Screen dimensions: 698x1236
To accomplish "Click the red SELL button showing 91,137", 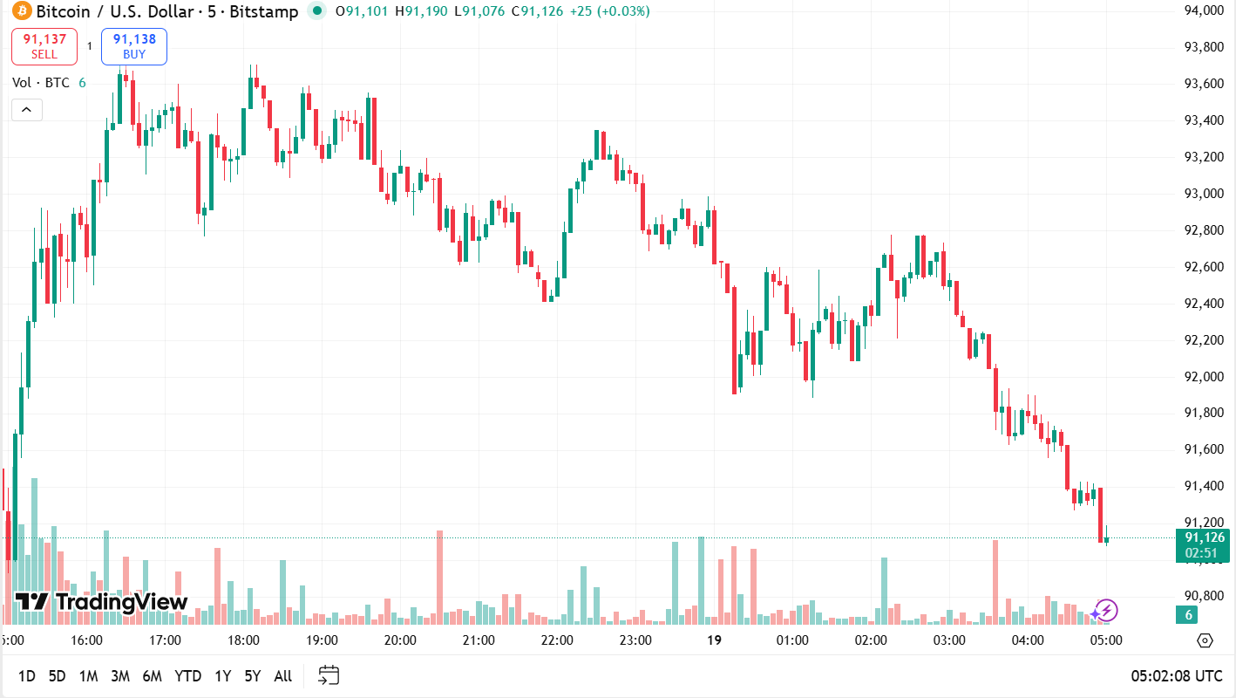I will (x=44, y=46).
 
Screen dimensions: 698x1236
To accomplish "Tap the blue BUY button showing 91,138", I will (x=134, y=46).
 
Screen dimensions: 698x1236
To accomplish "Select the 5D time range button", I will (x=57, y=676).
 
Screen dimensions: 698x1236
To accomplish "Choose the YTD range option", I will (x=187, y=676).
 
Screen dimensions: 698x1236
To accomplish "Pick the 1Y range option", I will (x=223, y=676).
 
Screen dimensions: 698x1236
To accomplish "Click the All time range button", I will (x=282, y=676).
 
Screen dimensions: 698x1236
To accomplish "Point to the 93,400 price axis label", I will (x=1203, y=120).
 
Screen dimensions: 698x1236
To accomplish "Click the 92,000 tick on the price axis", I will (x=1203, y=377).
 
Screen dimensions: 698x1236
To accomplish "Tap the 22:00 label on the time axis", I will (x=557, y=640).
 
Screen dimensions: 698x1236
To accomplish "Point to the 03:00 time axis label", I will (x=949, y=640).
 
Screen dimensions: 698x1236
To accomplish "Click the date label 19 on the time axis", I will (x=714, y=640).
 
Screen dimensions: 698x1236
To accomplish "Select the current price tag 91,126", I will (x=1203, y=537).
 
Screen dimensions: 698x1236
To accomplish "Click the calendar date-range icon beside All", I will (x=329, y=675).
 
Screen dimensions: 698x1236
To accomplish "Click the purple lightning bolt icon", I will (x=1105, y=611).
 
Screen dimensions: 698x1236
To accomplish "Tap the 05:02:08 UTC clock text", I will (x=1176, y=676).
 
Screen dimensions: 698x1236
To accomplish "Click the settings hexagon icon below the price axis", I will (x=1205, y=640).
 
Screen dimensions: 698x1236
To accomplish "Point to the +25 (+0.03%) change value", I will (x=606, y=11).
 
